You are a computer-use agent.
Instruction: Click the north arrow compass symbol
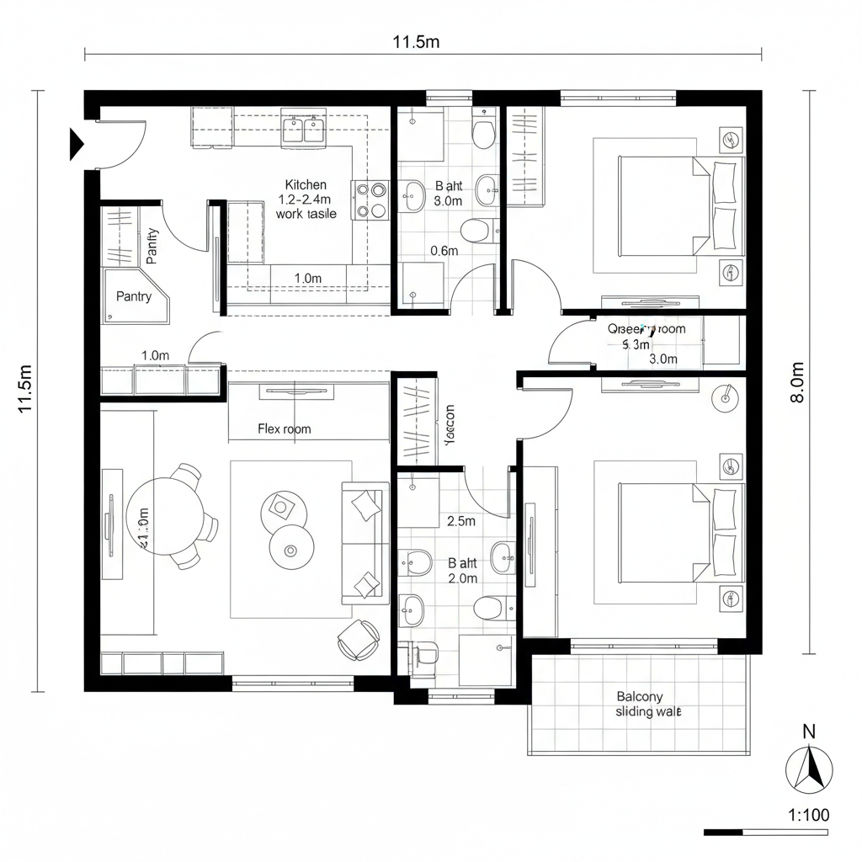tap(809, 769)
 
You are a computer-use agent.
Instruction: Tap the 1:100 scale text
tap(808, 814)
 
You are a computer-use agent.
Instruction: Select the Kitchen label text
tap(306, 184)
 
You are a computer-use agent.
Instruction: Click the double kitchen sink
tap(304, 130)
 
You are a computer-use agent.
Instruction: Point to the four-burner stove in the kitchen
tap(370, 200)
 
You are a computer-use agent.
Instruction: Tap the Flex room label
tap(284, 428)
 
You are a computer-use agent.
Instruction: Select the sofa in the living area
tap(364, 543)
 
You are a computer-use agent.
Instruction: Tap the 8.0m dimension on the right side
tap(797, 383)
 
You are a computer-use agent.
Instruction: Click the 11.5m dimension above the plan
tap(416, 42)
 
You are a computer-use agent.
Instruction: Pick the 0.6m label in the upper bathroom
tap(444, 250)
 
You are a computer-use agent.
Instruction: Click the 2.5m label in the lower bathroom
tap(460, 521)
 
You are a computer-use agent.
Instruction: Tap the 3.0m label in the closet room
tap(663, 359)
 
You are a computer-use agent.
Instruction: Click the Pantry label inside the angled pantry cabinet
tap(134, 296)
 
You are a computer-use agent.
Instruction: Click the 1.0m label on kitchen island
tap(308, 277)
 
